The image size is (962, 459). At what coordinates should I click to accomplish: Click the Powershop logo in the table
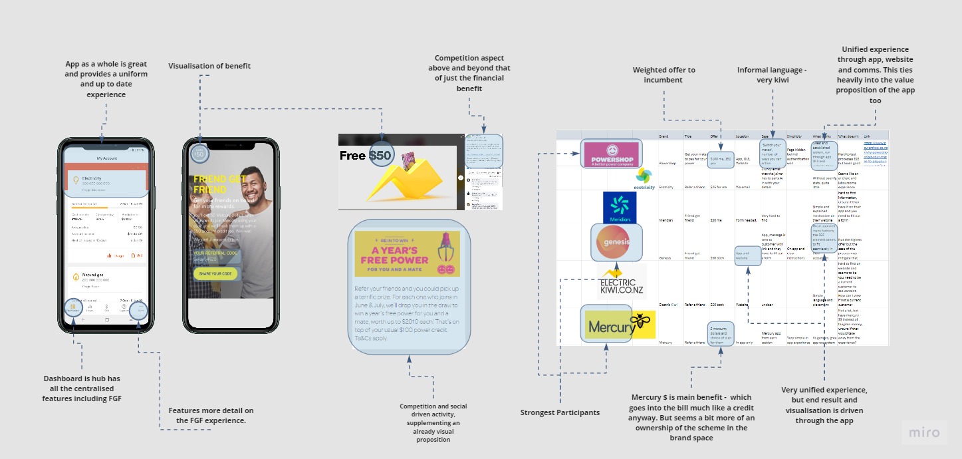pos(610,154)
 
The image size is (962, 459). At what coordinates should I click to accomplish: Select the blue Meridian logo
pos(620,207)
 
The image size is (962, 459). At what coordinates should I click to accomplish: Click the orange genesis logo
pos(616,241)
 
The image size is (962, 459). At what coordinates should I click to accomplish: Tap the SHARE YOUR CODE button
pos(215,273)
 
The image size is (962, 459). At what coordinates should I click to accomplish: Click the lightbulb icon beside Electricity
pos(76,180)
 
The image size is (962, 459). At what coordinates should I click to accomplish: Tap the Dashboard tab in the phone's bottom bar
pos(73,309)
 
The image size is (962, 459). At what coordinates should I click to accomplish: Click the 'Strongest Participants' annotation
pos(559,412)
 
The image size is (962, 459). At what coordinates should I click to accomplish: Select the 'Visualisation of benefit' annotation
pos(209,66)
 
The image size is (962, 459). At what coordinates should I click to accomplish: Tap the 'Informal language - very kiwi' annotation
pos(771,75)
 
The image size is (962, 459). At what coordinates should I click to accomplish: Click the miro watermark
pos(923,432)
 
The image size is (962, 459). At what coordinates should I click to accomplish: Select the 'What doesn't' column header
pos(849,136)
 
